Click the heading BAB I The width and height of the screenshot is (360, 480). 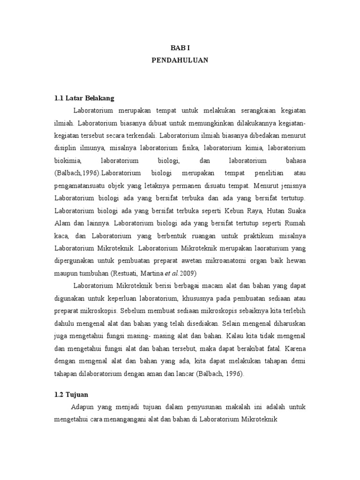click(x=180, y=48)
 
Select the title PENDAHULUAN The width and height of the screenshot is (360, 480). click(x=180, y=60)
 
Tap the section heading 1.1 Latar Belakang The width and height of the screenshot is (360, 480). click(x=84, y=98)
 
